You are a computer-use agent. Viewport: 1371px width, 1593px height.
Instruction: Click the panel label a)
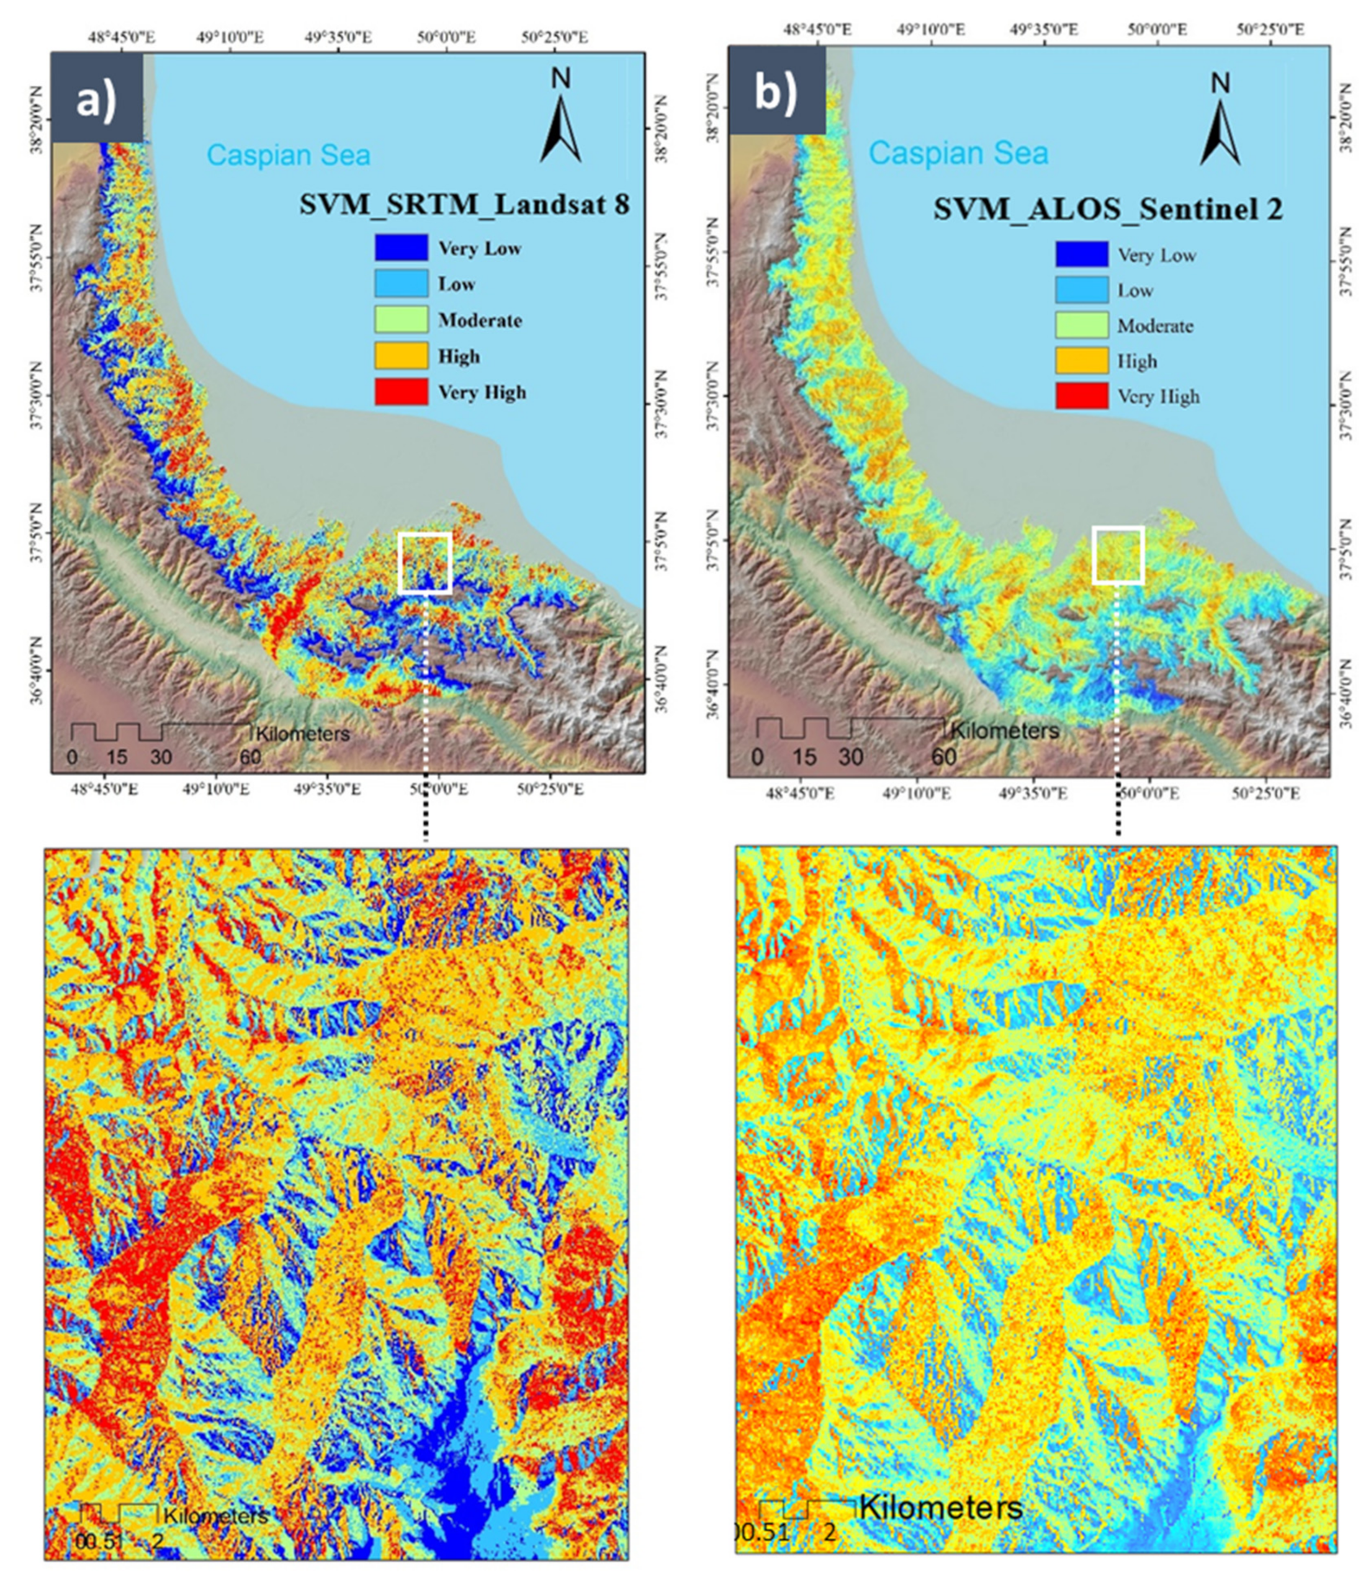click(x=96, y=99)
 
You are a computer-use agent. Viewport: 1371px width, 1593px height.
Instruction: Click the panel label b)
click(x=776, y=93)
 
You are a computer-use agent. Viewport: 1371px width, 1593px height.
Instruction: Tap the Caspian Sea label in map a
click(x=288, y=156)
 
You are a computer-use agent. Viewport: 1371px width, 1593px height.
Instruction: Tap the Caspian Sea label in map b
click(x=958, y=153)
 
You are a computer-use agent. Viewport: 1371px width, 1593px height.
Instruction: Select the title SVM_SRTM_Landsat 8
click(x=464, y=205)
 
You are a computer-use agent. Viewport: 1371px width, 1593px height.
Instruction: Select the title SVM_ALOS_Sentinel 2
click(x=1108, y=209)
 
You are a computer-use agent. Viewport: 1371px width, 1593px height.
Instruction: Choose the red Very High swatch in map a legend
click(x=401, y=392)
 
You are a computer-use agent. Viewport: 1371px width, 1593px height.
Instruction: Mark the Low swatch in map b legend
click(x=1082, y=290)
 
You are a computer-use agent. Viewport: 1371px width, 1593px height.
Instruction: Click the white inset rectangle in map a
click(x=425, y=563)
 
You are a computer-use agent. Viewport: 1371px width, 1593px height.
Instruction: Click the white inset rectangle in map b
click(x=1118, y=555)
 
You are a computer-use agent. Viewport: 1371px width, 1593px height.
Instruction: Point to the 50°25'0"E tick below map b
click(x=1267, y=793)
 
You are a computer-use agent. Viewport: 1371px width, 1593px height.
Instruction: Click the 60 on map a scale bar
click(x=250, y=757)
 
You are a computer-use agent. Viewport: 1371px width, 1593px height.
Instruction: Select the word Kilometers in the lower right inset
click(x=940, y=1508)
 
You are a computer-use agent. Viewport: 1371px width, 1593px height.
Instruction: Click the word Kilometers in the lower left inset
click(x=216, y=1515)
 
